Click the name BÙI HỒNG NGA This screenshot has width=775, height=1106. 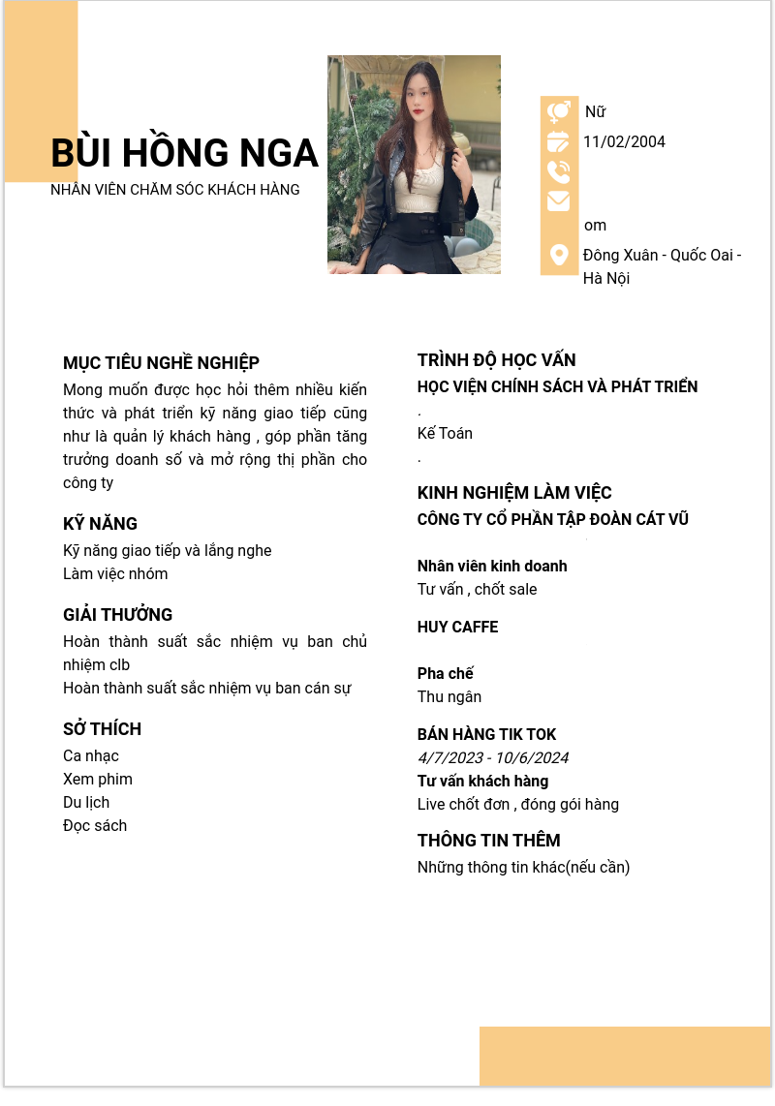[184, 153]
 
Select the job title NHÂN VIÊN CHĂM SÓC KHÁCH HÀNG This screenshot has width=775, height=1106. [175, 190]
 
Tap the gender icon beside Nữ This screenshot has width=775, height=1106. [559, 111]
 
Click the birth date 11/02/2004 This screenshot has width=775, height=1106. [624, 142]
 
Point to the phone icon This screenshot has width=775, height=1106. [559, 171]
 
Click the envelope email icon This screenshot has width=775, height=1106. [559, 201]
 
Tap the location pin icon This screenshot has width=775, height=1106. [559, 255]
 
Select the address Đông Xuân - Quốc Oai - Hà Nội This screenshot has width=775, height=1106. [662, 266]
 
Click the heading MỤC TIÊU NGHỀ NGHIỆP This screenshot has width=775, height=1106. [161, 363]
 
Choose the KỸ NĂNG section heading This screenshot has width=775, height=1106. [101, 524]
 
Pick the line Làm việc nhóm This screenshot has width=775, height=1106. [115, 574]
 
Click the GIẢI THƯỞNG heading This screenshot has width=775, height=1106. [118, 615]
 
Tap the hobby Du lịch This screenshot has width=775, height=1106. [86, 803]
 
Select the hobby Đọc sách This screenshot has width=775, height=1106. [95, 826]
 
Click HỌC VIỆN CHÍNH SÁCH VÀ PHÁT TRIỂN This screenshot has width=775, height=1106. [557, 387]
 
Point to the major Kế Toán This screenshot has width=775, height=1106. [445, 434]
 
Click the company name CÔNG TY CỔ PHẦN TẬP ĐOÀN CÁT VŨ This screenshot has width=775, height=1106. [552, 520]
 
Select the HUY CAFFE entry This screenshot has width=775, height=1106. [457, 628]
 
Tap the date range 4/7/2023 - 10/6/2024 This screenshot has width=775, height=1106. [492, 758]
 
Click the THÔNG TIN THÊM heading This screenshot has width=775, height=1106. [488, 841]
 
